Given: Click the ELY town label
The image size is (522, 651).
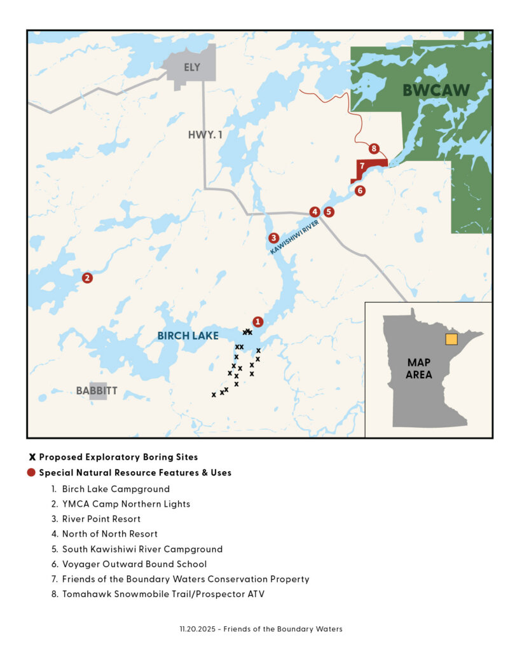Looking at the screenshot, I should [x=191, y=67].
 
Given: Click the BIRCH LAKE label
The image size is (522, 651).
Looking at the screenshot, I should [x=188, y=336].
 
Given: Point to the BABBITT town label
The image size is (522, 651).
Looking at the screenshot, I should [x=97, y=391].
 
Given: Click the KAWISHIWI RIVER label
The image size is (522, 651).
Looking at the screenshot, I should [x=294, y=238].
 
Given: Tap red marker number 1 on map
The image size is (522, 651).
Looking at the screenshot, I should [x=258, y=322].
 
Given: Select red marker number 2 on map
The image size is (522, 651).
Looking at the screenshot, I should [x=87, y=278].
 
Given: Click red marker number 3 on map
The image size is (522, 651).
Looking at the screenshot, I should [x=273, y=238].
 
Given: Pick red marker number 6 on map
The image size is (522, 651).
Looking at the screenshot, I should [x=360, y=190].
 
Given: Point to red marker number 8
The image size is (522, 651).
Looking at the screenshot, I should [x=374, y=149].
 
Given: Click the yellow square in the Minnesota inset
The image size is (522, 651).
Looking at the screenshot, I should [x=451, y=339].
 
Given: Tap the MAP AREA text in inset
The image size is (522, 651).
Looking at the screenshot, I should [x=419, y=368].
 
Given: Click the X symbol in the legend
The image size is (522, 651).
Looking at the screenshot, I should [x=32, y=456].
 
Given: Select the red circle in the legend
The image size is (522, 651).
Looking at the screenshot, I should [x=32, y=473].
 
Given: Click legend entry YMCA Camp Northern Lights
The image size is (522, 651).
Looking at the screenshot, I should [x=126, y=504].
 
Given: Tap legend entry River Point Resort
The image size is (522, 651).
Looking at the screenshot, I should [x=101, y=519].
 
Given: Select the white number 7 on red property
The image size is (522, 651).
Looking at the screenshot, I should [x=361, y=166].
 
